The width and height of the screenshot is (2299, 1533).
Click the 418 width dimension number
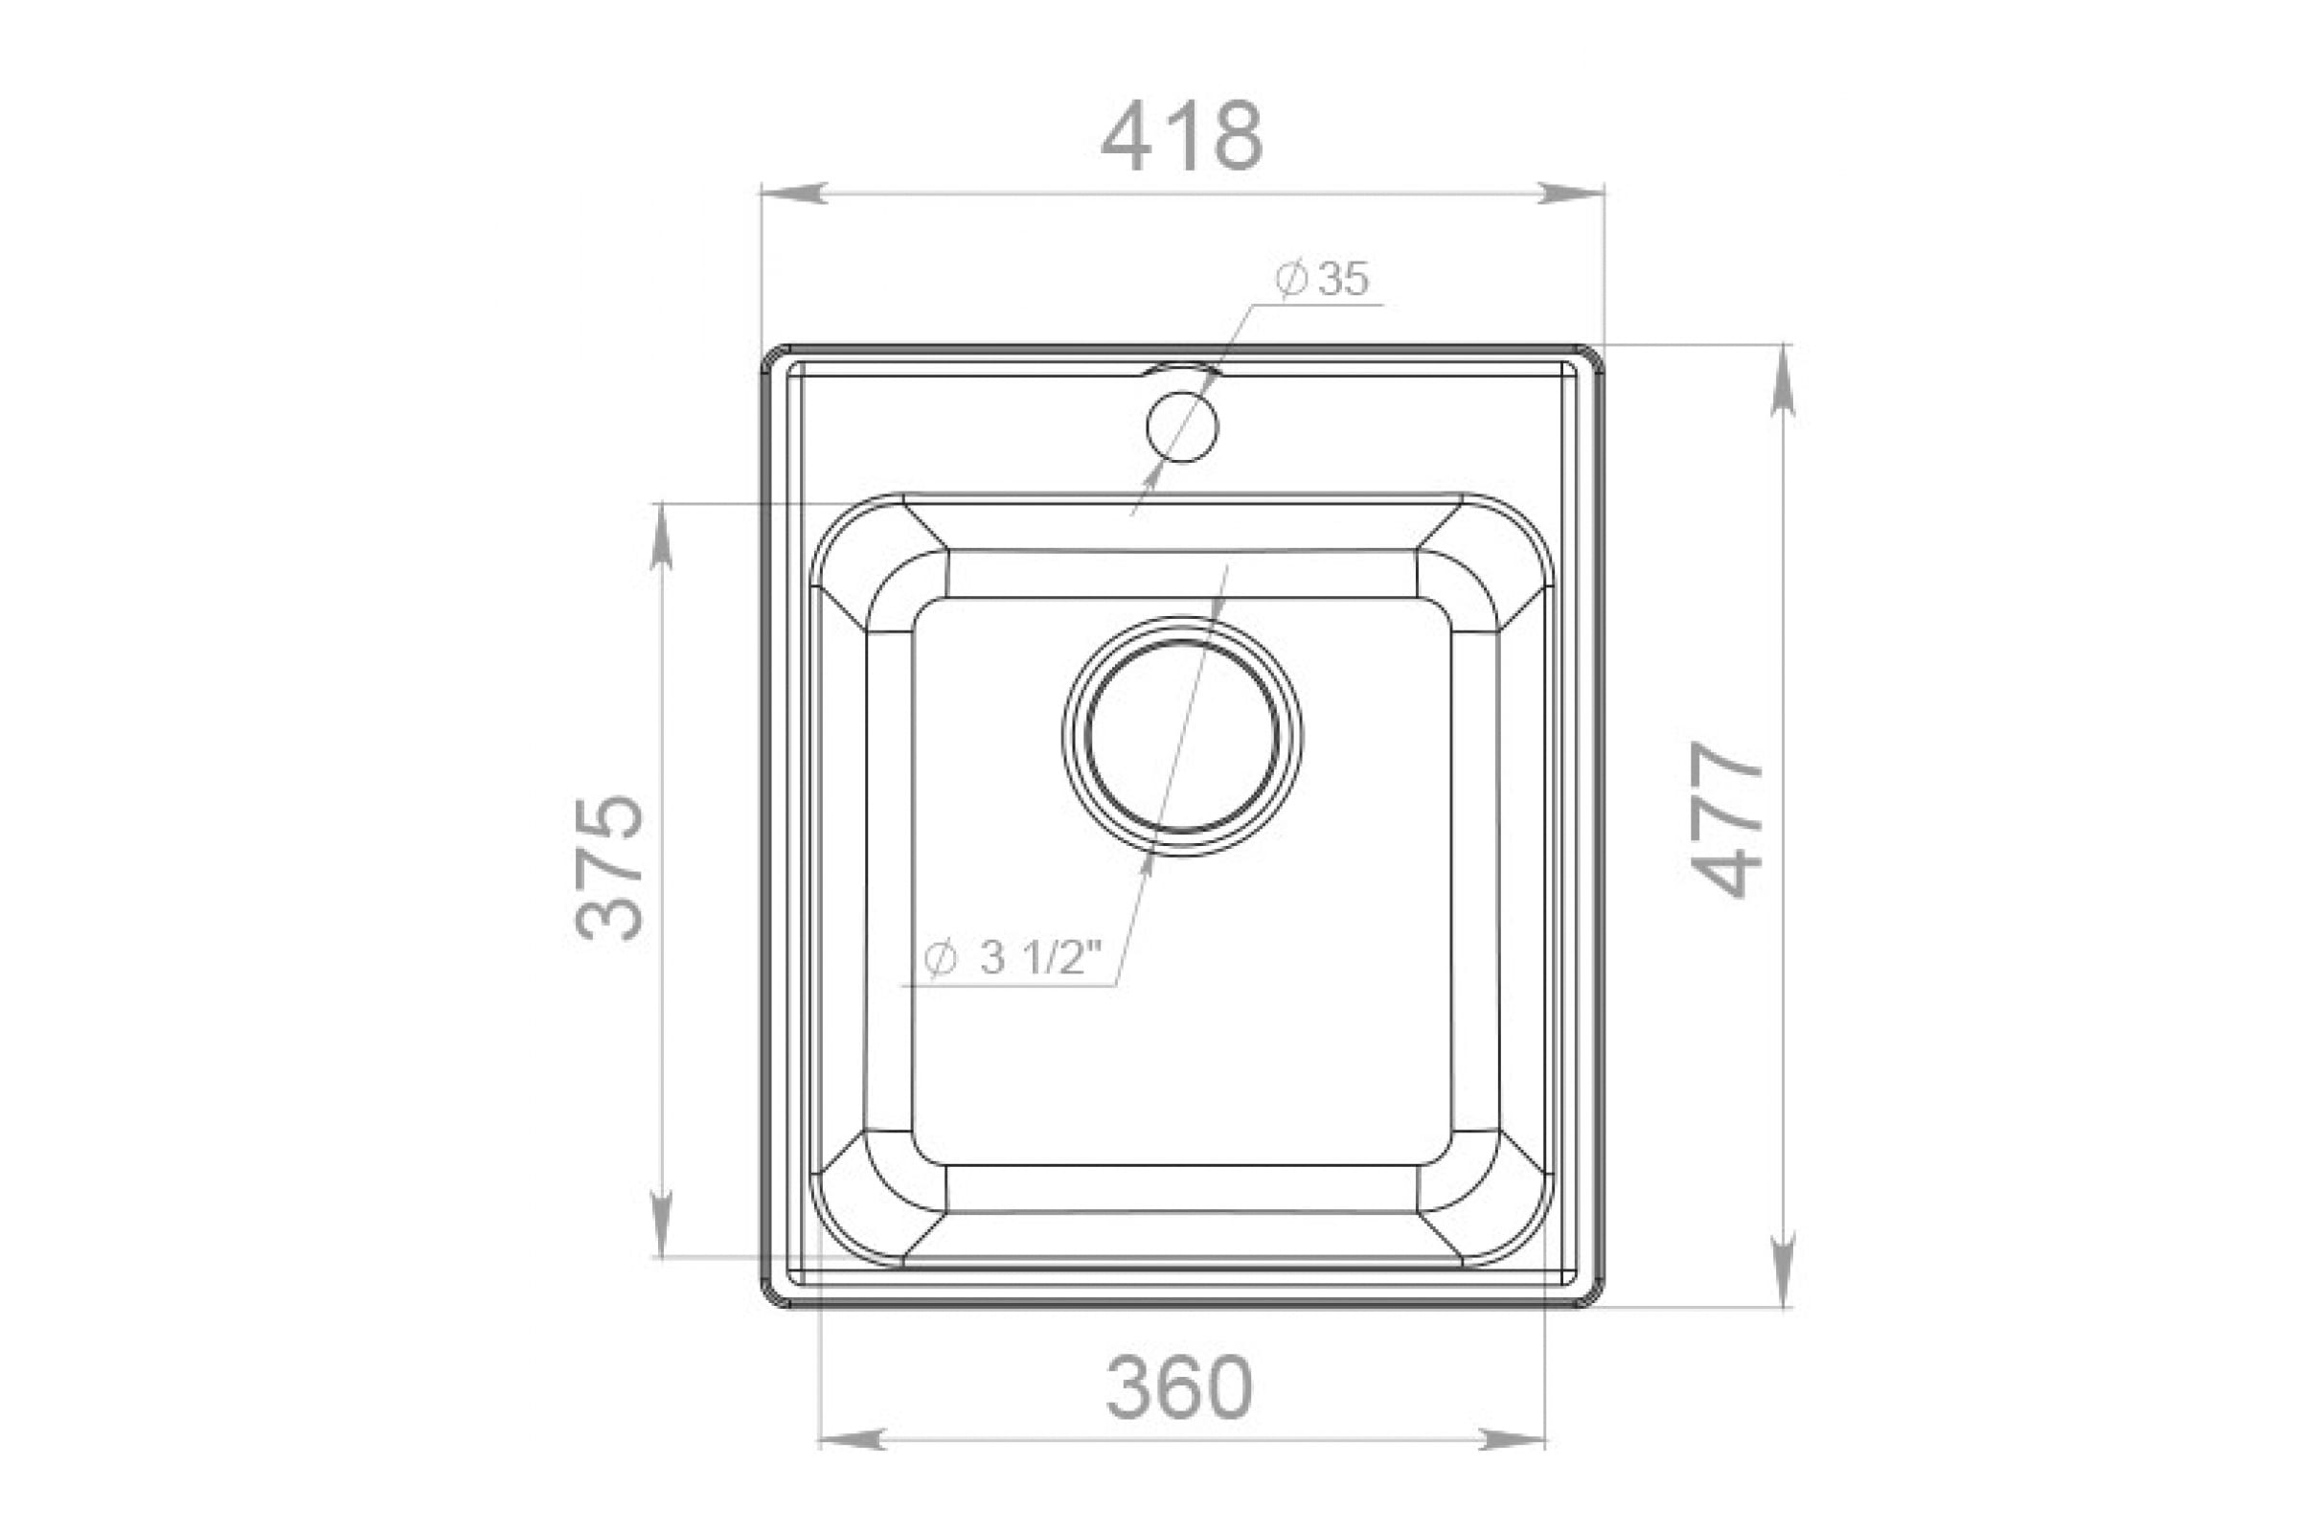pos(1182,136)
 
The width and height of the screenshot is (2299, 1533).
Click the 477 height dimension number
pos(1728,819)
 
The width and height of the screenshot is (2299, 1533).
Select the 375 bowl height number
pos(609,868)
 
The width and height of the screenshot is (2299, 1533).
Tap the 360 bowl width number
pos(1179,1387)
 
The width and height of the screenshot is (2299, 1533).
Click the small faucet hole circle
pos(1183,427)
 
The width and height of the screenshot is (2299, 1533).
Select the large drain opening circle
pos(1182,737)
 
